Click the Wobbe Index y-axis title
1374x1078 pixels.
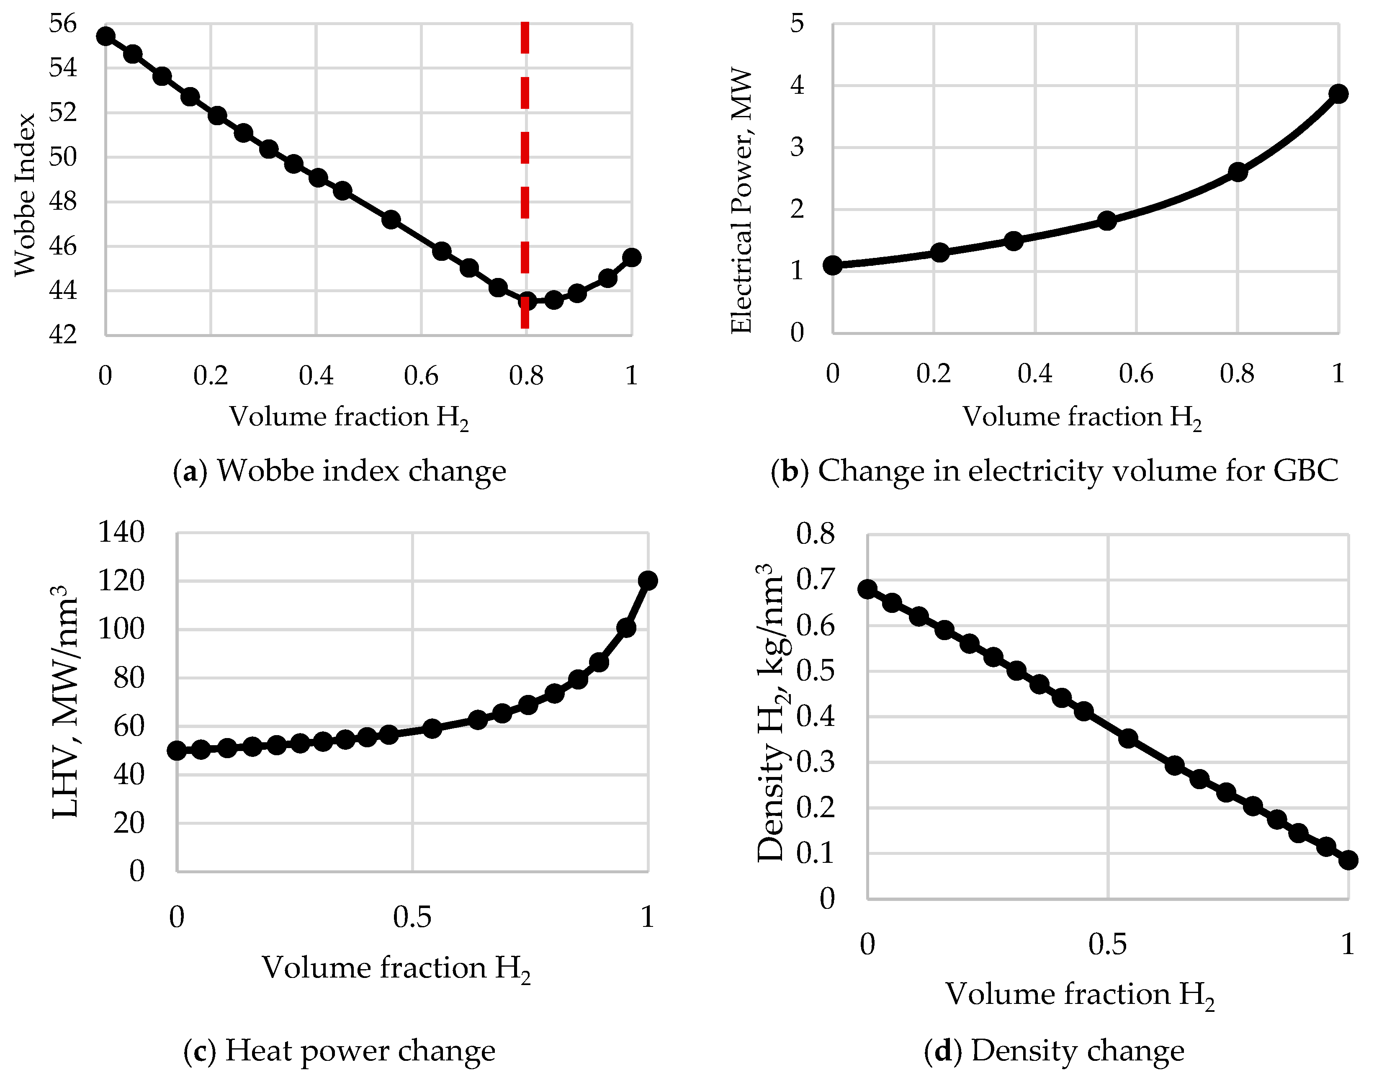coord(25,194)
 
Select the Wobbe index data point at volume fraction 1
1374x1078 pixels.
coord(631,257)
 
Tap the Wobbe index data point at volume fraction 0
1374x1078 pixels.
coord(105,36)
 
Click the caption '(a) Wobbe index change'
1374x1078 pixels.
coord(340,471)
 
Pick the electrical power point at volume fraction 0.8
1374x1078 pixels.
coord(1238,172)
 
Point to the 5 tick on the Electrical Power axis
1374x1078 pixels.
coord(797,24)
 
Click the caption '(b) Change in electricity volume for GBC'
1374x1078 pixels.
coord(1054,471)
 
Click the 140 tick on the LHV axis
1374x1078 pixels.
coord(121,532)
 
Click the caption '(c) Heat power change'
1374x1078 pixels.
coord(340,1050)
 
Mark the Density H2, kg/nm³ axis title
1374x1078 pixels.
coord(770,713)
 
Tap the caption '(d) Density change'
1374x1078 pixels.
coord(1054,1050)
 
